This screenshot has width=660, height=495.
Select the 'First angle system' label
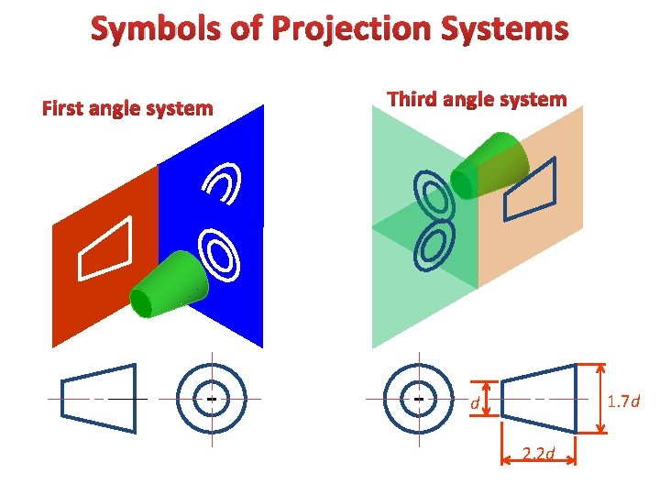coord(127,109)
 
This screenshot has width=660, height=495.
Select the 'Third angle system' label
coord(477,99)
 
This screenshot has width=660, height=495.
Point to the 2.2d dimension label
coord(537,451)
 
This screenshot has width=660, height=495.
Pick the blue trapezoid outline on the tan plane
coord(532,190)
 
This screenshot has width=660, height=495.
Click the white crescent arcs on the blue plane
coord(224,183)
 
